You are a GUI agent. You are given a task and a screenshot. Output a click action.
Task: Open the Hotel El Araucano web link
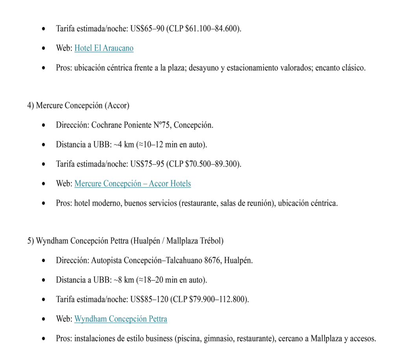(x=104, y=48)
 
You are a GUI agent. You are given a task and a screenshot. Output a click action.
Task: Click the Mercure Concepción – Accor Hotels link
(x=133, y=184)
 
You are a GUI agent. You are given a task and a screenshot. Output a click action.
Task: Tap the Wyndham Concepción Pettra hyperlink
(x=120, y=319)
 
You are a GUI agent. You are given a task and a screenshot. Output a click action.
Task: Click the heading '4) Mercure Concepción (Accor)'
(x=78, y=106)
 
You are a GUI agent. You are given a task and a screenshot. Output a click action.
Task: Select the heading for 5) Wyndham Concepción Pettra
(x=126, y=241)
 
